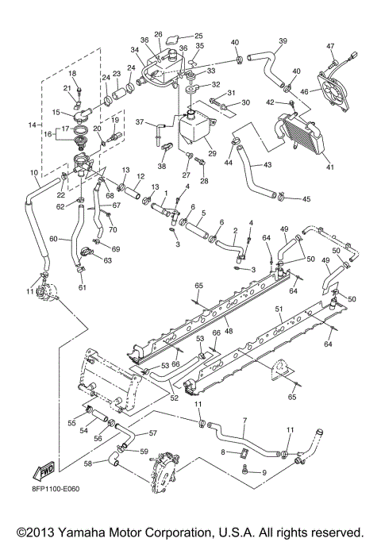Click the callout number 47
[354, 47]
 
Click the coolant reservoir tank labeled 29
[194, 132]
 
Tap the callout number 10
[33, 172]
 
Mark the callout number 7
[245, 419]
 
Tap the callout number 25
[198, 36]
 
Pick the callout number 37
[140, 123]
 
